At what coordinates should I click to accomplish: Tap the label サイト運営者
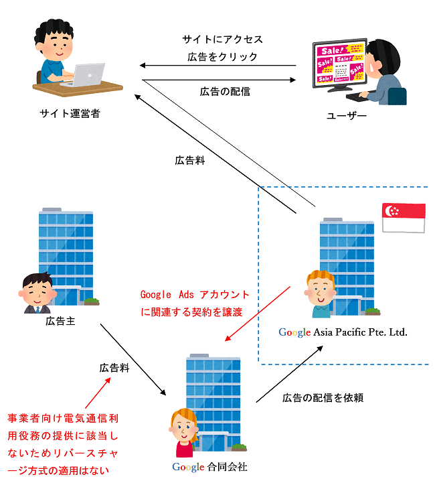click(70, 114)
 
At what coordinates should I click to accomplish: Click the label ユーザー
click(347, 116)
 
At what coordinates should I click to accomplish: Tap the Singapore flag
click(403, 218)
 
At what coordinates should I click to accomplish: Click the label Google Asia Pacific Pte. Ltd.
click(343, 332)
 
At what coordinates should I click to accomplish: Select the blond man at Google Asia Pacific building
click(320, 295)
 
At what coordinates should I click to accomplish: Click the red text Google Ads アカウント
click(195, 295)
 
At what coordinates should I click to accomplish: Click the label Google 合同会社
click(209, 467)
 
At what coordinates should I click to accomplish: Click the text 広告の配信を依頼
click(323, 398)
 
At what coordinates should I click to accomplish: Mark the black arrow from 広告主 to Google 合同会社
click(133, 360)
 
